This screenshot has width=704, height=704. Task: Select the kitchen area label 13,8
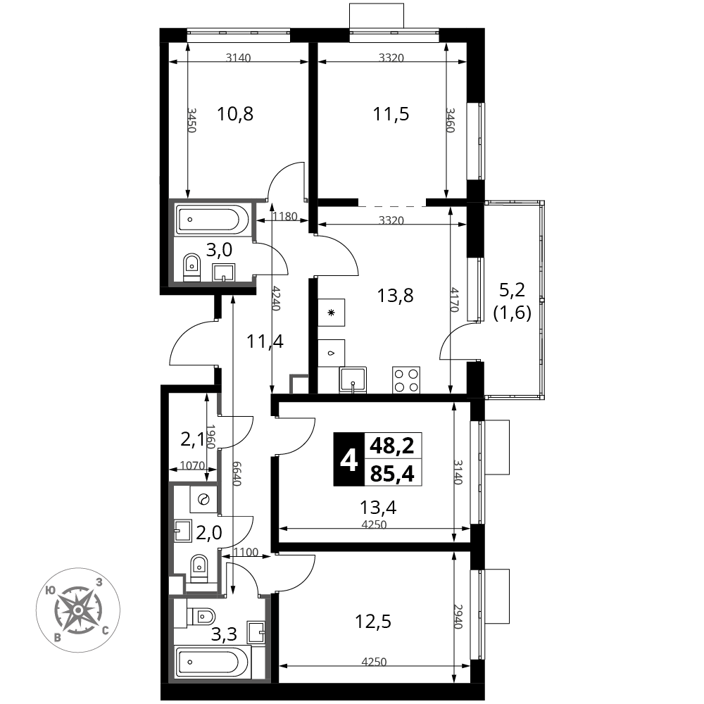395,295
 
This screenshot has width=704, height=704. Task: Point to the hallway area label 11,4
265,342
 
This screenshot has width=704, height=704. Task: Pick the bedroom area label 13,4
377,508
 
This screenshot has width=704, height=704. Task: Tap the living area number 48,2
392,445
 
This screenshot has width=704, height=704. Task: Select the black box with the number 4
348,459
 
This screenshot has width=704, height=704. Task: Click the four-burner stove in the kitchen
406,380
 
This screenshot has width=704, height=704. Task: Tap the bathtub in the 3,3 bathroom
209,662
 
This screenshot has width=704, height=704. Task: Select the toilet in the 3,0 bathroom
191,267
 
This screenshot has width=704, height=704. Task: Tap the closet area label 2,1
192,441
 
